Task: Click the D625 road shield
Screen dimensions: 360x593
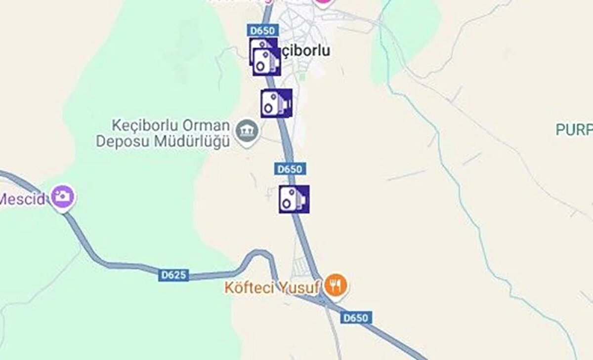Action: pos(174,275)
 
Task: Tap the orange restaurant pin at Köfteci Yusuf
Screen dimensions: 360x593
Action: pos(336,284)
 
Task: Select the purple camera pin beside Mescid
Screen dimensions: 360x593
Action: pos(62,197)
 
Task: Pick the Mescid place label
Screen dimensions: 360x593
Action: pos(22,200)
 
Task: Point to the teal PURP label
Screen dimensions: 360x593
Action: pos(574,129)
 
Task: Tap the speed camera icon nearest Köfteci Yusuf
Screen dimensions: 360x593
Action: pos(294,199)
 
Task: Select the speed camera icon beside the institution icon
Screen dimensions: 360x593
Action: pos(276,103)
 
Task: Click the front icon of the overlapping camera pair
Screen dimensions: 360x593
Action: pos(267,62)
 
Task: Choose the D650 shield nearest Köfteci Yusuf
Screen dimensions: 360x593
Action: pos(356,318)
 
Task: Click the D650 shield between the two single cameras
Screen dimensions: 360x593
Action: pos(290,169)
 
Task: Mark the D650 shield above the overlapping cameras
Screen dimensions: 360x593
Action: pos(262,31)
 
